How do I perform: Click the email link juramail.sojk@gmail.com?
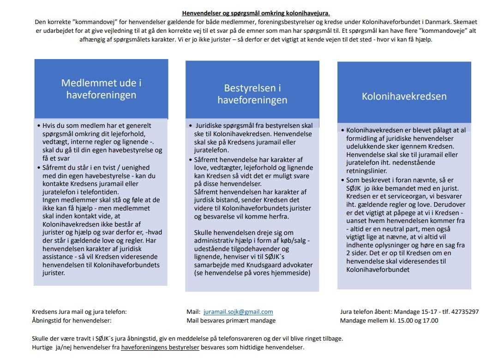238,312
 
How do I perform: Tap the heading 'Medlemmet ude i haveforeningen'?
101,89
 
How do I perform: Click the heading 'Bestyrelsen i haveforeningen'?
252,94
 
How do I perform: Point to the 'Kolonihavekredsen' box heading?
404,96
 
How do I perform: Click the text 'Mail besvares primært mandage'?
231,320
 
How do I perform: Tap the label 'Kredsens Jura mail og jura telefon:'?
79,312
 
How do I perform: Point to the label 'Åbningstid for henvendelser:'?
72,320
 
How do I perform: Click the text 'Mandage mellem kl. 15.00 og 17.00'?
389,320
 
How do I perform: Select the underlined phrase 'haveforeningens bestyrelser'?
160,347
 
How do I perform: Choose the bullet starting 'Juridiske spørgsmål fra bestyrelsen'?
254,126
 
